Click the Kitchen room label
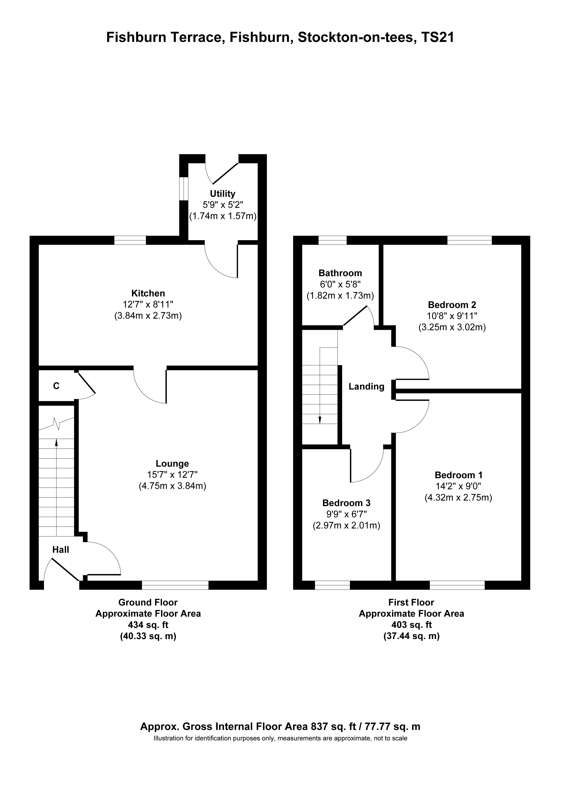click(148, 293)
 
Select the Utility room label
click(222, 194)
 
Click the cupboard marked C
click(56, 386)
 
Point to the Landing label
click(366, 386)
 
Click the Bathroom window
click(332, 240)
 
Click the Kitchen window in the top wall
click(130, 240)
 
